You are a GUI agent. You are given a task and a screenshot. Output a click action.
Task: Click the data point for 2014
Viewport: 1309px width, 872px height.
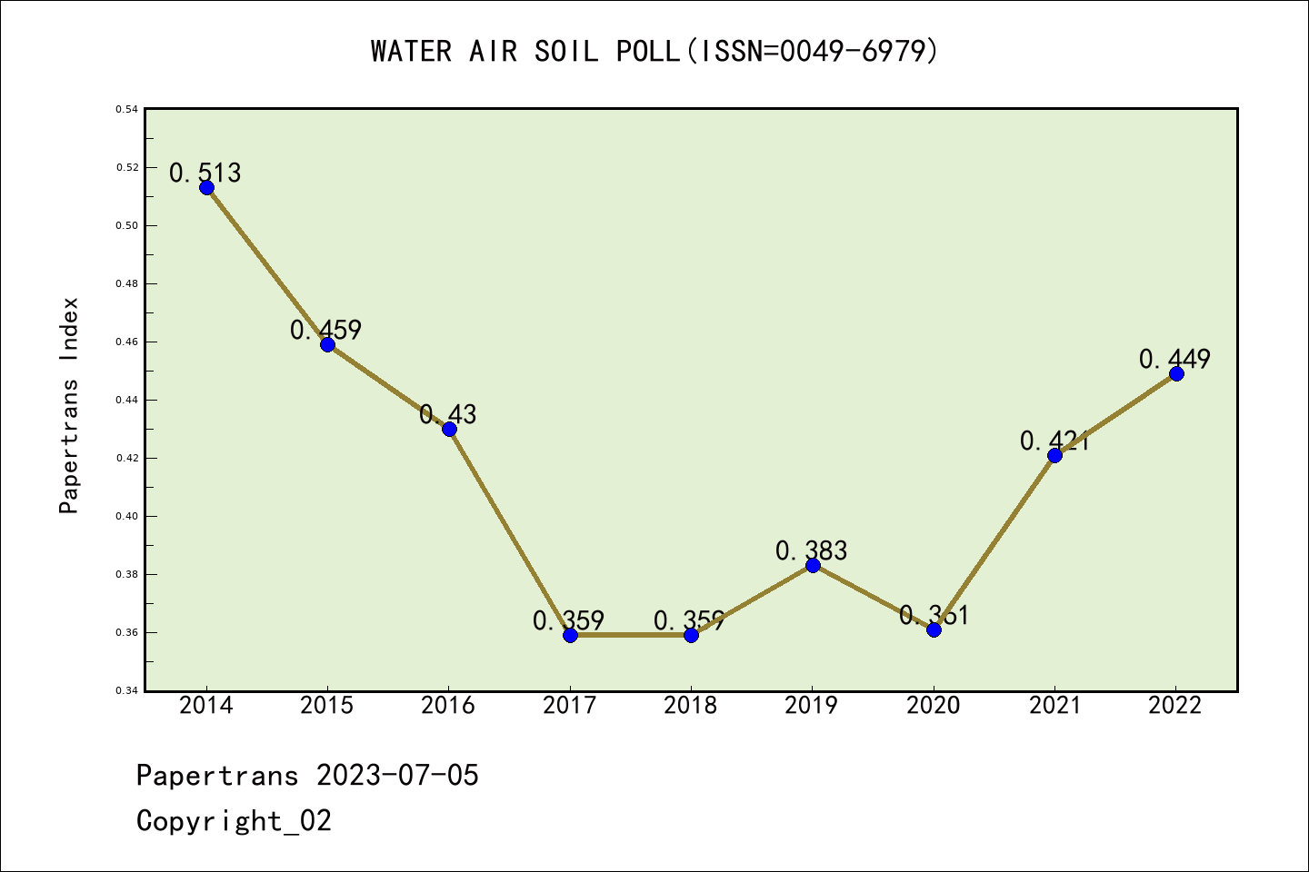(206, 188)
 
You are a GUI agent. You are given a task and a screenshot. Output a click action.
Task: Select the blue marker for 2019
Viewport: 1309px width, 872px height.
(813, 566)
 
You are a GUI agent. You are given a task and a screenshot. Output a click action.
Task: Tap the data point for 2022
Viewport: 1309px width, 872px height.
(1176, 374)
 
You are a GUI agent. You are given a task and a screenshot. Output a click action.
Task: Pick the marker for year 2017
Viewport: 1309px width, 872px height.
(570, 635)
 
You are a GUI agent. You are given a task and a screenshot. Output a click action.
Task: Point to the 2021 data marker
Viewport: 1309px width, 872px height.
(1054, 455)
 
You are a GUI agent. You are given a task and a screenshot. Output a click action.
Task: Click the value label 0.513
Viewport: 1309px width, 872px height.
(205, 173)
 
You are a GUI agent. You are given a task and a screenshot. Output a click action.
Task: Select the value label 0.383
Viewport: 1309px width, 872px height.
(812, 550)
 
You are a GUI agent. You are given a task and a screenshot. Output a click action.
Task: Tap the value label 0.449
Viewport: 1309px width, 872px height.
(1175, 359)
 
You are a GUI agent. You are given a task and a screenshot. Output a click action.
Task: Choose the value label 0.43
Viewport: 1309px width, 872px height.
(448, 414)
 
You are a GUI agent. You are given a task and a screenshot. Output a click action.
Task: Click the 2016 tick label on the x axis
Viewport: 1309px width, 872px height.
(448, 706)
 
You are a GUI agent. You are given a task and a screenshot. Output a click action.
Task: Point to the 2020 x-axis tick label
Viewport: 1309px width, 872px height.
(934, 706)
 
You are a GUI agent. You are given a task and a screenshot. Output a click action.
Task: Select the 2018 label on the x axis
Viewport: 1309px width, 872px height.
(691, 706)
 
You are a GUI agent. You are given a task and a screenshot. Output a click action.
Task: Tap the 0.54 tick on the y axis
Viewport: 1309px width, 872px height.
(126, 109)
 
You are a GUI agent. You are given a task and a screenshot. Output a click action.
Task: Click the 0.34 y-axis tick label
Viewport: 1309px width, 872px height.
(126, 691)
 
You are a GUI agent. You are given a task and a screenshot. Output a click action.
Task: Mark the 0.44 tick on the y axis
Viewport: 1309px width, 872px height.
(126, 400)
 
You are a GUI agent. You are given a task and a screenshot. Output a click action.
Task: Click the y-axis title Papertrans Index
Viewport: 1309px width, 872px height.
(69, 405)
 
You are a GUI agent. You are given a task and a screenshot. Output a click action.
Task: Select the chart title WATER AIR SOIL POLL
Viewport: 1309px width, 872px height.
(654, 51)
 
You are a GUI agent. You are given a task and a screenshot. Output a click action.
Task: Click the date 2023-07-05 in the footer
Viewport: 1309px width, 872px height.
(397, 776)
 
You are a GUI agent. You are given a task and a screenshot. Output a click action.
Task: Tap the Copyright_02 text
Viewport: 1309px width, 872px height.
(235, 821)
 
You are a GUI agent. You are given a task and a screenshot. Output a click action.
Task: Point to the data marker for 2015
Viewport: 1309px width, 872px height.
(327, 345)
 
